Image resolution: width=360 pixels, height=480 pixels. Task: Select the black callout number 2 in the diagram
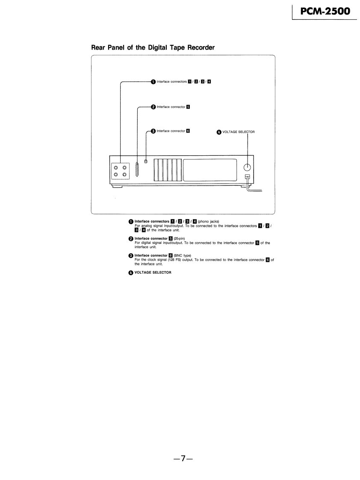pos(153,107)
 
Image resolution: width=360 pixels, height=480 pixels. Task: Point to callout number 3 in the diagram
pos(153,131)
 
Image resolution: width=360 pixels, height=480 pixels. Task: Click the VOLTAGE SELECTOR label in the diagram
pos(238,132)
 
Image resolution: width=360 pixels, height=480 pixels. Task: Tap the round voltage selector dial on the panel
pos(248,168)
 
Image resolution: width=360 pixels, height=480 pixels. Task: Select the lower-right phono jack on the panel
pos(124,175)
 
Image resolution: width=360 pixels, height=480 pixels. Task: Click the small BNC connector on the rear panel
pos(147,162)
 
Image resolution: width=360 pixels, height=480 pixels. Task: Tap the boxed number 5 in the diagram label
pos(188,107)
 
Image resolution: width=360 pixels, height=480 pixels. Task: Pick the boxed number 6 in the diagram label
pos(188,131)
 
